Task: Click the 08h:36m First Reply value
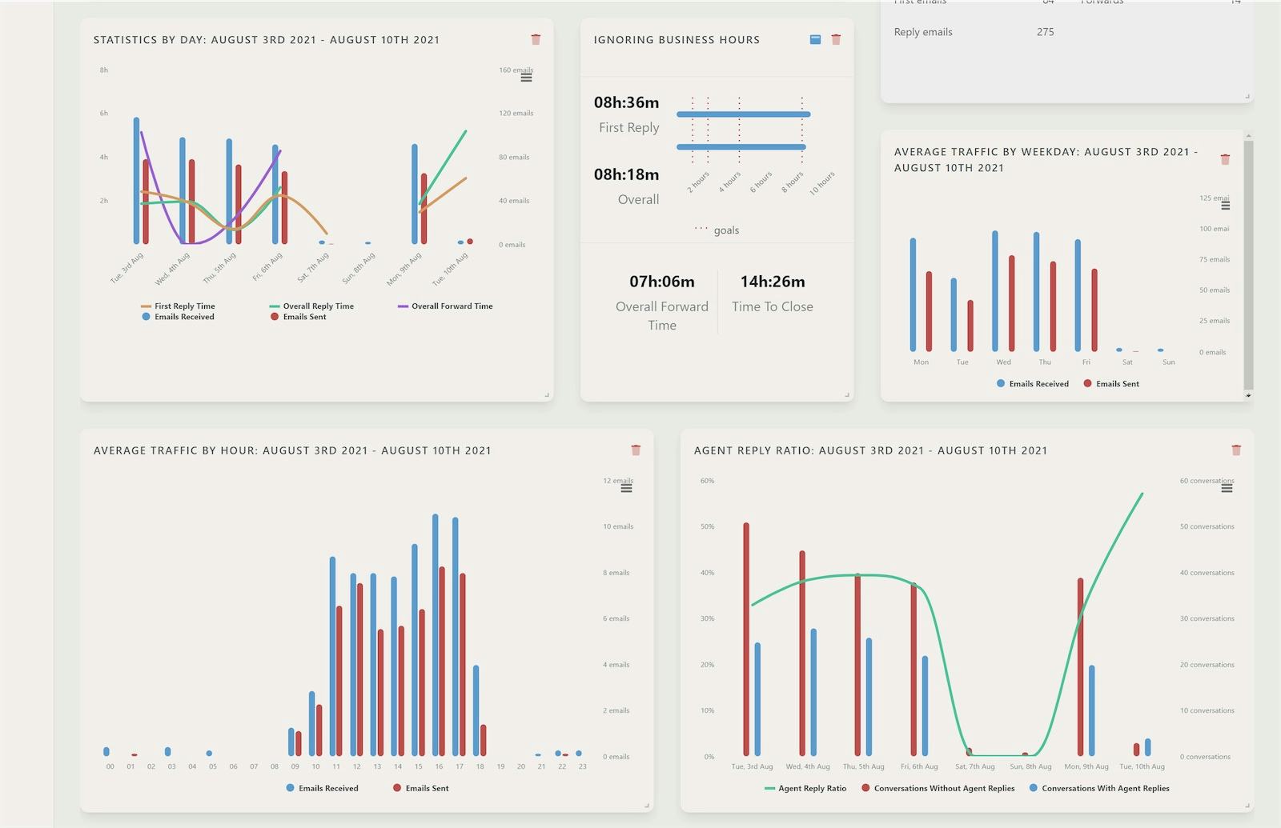point(626,102)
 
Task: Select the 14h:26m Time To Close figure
point(773,282)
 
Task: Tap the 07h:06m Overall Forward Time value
point(662,282)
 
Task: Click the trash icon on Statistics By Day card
point(536,39)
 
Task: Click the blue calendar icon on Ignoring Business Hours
point(815,39)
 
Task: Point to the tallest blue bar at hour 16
point(436,636)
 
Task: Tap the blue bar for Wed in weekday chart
point(995,292)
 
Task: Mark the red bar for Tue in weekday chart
point(970,326)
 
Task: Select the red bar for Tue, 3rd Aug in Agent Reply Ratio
point(746,640)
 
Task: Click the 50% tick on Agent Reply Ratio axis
point(707,527)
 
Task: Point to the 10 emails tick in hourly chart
point(618,527)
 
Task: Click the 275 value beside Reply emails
point(1045,32)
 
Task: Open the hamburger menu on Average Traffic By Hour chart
point(626,488)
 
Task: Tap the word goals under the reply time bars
point(726,230)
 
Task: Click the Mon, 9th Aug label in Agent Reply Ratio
point(1086,767)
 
